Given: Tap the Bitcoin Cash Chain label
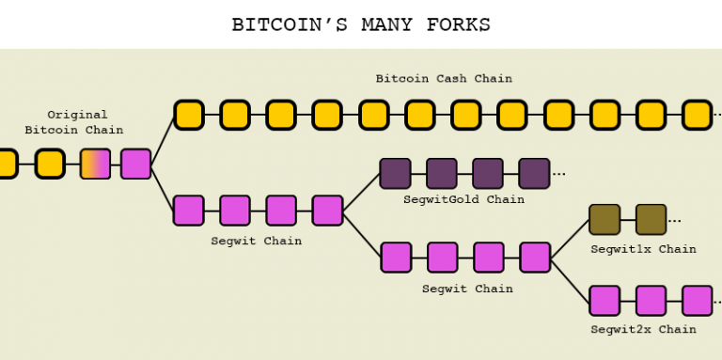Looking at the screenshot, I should tap(444, 79).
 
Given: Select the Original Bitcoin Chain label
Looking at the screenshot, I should tap(76, 122).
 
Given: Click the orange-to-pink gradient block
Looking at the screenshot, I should tap(95, 164).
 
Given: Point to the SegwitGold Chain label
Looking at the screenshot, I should tap(463, 199).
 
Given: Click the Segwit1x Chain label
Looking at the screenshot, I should tap(643, 249).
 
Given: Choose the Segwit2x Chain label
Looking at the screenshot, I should tap(643, 329).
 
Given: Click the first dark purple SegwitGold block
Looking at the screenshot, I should tap(395, 173).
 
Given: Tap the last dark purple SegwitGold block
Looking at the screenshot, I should tap(534, 173).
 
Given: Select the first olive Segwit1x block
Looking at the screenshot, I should tap(604, 219).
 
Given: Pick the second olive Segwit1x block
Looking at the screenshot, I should tap(651, 219).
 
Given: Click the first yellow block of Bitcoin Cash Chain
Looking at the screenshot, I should tap(189, 115).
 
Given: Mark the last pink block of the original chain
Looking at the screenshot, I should tap(135, 164).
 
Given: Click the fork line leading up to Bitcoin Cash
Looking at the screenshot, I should tap(163, 139).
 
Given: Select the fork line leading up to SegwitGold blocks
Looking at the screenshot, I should tap(361, 192).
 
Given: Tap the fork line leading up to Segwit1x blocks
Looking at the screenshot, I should tap(570, 238).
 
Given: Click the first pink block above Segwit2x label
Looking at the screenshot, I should tap(604, 300).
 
